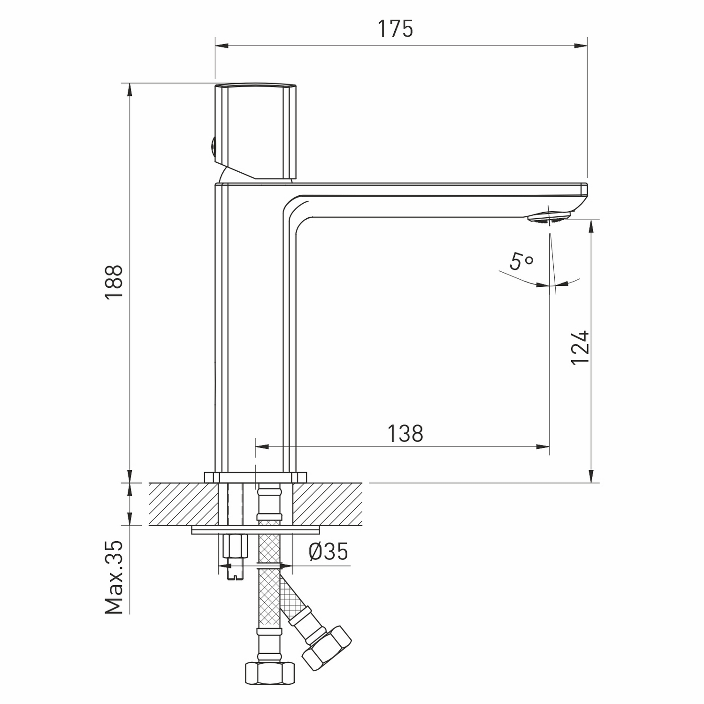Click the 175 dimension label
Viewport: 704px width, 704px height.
click(x=396, y=29)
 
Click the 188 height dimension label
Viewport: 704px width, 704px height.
click(x=114, y=282)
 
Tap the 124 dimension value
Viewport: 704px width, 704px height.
click(x=580, y=347)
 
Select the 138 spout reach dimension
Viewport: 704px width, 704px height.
click(x=405, y=434)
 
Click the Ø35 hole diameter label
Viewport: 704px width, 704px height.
click(x=329, y=552)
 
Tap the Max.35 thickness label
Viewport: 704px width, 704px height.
click(x=114, y=577)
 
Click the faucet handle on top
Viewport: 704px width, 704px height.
click(x=256, y=131)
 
